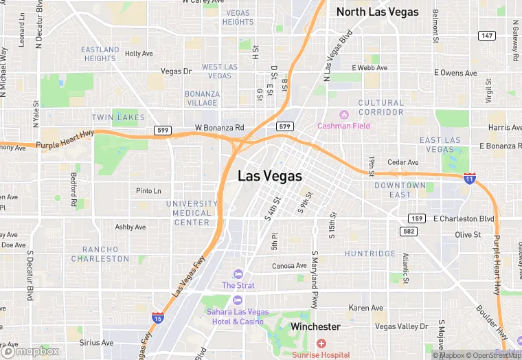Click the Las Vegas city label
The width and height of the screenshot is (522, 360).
(270, 176)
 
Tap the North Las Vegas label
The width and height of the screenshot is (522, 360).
(377, 12)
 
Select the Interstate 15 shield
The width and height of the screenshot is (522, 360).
(158, 318)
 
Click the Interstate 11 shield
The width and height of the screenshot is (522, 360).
(470, 178)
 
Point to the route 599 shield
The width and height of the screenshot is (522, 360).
(162, 131)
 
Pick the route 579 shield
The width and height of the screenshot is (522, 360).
(285, 126)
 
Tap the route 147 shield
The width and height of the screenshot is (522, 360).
(486, 35)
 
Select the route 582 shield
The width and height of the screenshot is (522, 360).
(409, 232)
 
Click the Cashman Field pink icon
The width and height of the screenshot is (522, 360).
(344, 114)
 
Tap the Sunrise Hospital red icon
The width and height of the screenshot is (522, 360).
(321, 343)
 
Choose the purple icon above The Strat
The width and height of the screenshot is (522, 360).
(238, 274)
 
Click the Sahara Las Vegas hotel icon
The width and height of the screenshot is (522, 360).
(238, 300)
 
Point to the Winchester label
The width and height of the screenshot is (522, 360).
(315, 327)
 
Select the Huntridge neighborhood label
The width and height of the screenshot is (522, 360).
(370, 254)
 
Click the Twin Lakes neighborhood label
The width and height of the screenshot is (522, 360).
(119, 117)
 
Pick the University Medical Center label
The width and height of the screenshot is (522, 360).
(192, 213)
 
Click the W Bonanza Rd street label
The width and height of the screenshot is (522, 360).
(220, 128)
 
